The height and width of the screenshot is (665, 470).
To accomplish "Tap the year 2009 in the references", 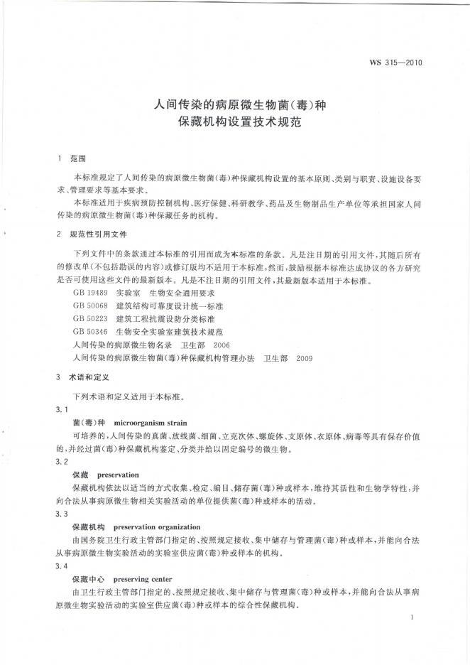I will (x=304, y=357).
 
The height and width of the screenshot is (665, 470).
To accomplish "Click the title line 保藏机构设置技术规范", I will (x=234, y=122).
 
